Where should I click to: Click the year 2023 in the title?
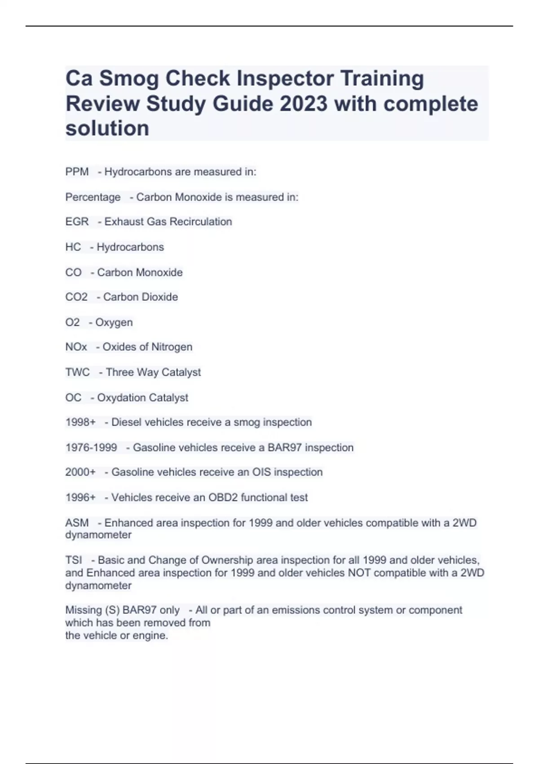pyautogui.click(x=304, y=104)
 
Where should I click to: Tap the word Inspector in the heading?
pyautogui.click(x=285, y=79)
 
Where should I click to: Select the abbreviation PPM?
pyautogui.click(x=77, y=172)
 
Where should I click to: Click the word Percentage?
pyautogui.click(x=93, y=197)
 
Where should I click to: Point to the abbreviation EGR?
pyautogui.click(x=77, y=222)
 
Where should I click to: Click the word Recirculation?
pyautogui.click(x=201, y=222)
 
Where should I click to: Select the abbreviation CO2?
pyautogui.click(x=76, y=297)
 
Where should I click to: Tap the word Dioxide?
pyautogui.click(x=159, y=297)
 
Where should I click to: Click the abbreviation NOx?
pyautogui.click(x=76, y=347)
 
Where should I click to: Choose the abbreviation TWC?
pyautogui.click(x=77, y=372)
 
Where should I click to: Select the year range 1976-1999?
pyautogui.click(x=91, y=448)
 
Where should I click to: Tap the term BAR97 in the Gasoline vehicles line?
pyautogui.click(x=285, y=448)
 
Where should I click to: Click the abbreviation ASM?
pyautogui.click(x=77, y=523)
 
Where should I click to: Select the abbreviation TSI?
pyautogui.click(x=74, y=560)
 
